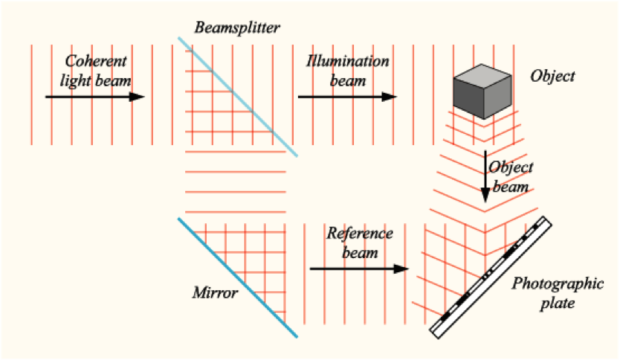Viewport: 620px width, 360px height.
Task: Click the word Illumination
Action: [x=347, y=61]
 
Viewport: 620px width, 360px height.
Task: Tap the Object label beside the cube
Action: [x=553, y=76]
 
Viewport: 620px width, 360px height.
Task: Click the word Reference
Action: [x=359, y=234]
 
